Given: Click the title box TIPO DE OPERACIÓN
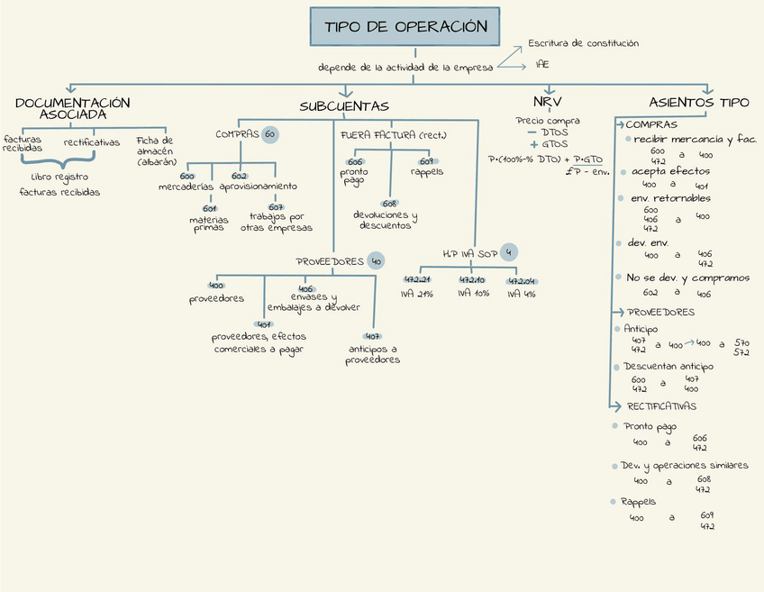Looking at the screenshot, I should [406, 27].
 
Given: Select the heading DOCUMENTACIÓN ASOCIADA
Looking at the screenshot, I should [73, 108].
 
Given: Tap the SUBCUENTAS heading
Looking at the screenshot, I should [344, 107].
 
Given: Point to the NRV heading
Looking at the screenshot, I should [547, 102].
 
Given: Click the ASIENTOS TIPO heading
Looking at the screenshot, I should [698, 102].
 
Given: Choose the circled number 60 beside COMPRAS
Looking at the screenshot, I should [269, 135].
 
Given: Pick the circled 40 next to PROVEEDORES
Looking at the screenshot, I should [376, 261].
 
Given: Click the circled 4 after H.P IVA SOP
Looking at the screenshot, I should [511, 252].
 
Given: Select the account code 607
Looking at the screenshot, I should [277, 206].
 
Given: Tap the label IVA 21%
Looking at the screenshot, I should [419, 294].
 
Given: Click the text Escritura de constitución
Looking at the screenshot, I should [583, 43].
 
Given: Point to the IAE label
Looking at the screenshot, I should [542, 65].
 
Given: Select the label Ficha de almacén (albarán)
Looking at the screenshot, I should [156, 150].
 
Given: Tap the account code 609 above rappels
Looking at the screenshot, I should [427, 161].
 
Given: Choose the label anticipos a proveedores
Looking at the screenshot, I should [372, 354].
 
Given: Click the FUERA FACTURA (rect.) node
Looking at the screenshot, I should [393, 135].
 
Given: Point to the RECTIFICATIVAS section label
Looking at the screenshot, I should [661, 406].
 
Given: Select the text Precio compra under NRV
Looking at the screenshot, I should [548, 121].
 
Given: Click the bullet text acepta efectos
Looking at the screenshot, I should [670, 171].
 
